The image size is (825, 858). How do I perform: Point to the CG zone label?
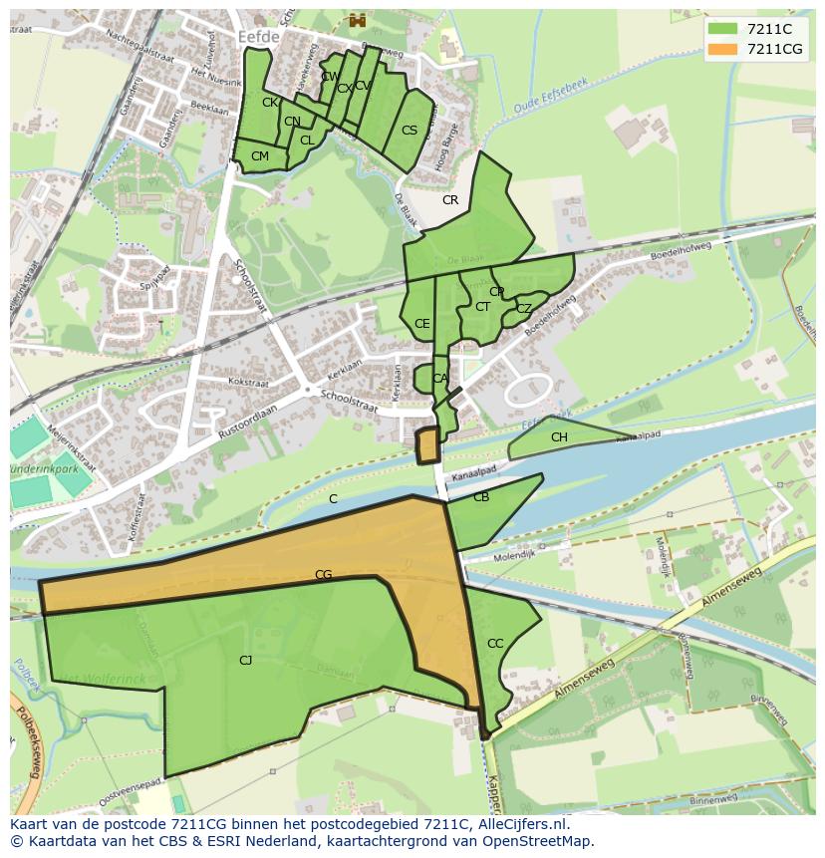pyautogui.click(x=323, y=575)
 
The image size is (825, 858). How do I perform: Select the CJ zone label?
pyautogui.click(x=245, y=660)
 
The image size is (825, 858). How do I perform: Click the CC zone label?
pyautogui.click(x=495, y=644)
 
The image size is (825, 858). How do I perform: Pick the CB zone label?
pyautogui.click(x=481, y=497)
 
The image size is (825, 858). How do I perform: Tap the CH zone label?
pyautogui.click(x=559, y=437)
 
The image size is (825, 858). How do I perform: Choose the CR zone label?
pyautogui.click(x=450, y=200)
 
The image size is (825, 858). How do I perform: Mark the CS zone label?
pyautogui.click(x=410, y=131)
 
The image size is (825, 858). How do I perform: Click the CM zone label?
pyautogui.click(x=260, y=156)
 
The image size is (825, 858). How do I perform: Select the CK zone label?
pyautogui.click(x=270, y=103)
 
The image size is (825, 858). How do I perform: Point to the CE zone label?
pyautogui.click(x=422, y=324)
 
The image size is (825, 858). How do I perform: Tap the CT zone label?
pyautogui.click(x=482, y=307)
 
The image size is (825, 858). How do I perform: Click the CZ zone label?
pyautogui.click(x=524, y=309)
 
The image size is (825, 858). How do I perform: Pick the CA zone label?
pyautogui.click(x=440, y=379)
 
